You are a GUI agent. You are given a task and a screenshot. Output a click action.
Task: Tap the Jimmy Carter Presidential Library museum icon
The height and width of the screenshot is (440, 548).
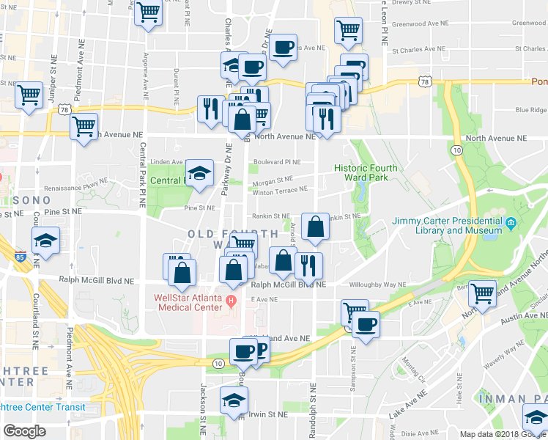coord(511,222)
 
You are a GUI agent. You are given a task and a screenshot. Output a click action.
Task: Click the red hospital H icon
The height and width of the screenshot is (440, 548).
coord(232,299)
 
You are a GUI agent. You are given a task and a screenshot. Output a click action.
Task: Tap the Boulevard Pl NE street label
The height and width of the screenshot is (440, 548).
coord(277,162)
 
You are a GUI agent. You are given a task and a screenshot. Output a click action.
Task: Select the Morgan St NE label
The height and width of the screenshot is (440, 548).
coord(273,178)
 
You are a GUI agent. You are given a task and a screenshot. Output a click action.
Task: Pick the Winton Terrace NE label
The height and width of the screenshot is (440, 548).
coord(280,191)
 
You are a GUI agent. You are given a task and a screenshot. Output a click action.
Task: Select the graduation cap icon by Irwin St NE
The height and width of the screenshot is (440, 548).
coord(234,400)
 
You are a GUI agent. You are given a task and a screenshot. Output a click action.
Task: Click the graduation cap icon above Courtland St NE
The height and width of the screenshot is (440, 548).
coord(45,241)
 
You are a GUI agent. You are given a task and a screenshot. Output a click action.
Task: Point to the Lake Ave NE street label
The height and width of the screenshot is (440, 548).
coord(407,405)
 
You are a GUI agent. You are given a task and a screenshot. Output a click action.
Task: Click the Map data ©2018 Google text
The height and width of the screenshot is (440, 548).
coord(503,434)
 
